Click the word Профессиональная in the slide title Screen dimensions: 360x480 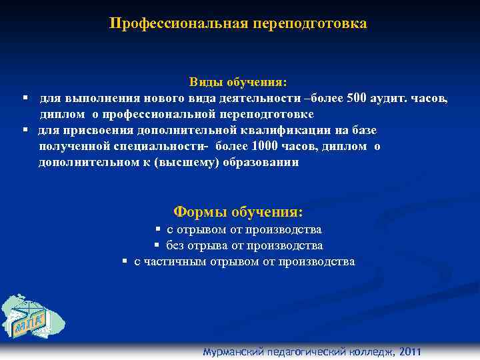(178, 24)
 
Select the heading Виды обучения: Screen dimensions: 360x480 (238, 82)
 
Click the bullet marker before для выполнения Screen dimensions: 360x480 (24, 98)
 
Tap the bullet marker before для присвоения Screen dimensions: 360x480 (24, 130)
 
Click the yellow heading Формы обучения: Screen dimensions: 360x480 (238, 212)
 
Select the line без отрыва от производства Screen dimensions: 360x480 (244, 245)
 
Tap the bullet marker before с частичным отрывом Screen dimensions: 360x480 (125, 261)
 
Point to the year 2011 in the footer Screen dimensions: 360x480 (408, 353)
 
